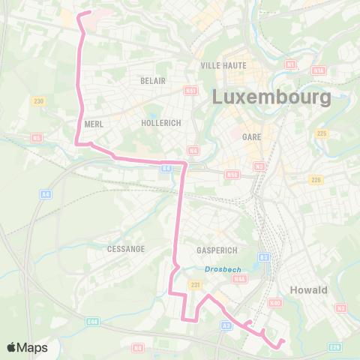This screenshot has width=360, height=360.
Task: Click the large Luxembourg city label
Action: [x=271, y=97]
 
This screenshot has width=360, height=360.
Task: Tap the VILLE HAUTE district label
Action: [x=223, y=65]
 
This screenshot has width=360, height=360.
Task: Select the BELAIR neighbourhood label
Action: [x=151, y=79]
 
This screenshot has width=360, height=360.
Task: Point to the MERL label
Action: [x=94, y=124]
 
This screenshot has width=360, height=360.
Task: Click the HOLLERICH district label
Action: [x=161, y=122]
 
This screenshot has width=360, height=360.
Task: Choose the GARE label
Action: [x=251, y=136]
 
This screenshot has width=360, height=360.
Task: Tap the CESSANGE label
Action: [x=125, y=249]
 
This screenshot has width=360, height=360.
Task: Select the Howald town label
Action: [x=308, y=290]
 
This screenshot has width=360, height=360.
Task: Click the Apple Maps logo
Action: [x=27, y=347]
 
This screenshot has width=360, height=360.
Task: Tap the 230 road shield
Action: [x=39, y=101]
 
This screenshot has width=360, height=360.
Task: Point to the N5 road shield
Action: [x=36, y=138]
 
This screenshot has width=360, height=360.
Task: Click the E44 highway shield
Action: [x=92, y=321]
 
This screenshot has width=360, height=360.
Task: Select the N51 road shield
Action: [x=191, y=90]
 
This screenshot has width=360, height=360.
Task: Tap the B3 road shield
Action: [x=263, y=257]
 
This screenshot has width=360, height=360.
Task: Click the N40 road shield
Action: [x=275, y=303]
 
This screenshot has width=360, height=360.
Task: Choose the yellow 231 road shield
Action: [x=196, y=285]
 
